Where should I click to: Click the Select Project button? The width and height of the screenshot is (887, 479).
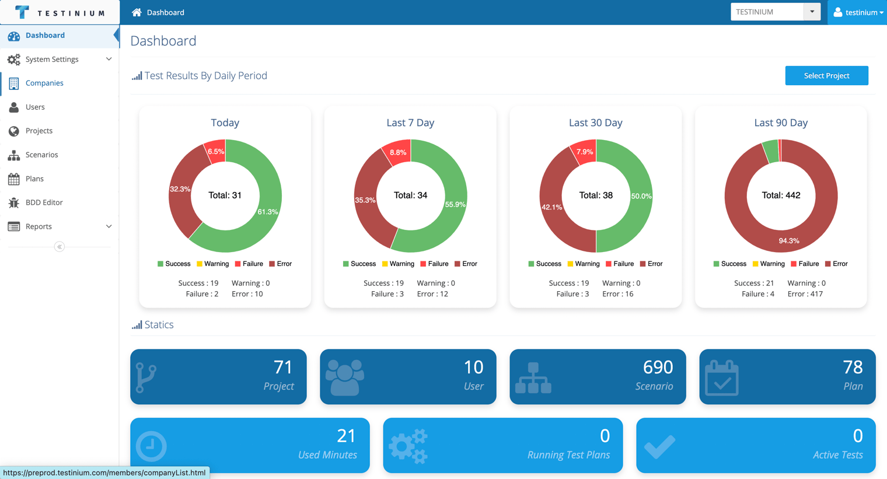tap(826, 76)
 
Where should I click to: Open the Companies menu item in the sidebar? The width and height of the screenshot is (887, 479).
tap(44, 83)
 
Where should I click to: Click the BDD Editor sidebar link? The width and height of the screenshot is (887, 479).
tap(44, 202)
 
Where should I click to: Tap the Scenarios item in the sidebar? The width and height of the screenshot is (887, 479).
tap(41, 155)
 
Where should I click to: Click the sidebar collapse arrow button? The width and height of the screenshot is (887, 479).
tap(60, 247)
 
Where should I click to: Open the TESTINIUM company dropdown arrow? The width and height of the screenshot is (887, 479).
tap(812, 12)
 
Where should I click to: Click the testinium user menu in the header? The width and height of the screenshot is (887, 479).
tap(858, 12)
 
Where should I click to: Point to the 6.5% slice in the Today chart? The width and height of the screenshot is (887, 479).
tap(215, 151)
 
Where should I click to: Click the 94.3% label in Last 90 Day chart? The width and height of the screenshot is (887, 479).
tap(789, 241)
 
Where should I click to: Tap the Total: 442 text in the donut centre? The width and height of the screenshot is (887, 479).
tap(781, 195)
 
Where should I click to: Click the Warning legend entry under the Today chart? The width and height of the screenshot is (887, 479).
tap(212, 264)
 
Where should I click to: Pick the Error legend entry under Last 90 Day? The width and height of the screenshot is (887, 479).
tap(836, 264)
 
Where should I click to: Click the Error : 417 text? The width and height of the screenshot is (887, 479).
tap(805, 293)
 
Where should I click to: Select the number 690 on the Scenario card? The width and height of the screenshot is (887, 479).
tap(658, 368)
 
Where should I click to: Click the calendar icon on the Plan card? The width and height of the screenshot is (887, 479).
tap(721, 377)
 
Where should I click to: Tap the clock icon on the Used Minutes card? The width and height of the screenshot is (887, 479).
tap(151, 446)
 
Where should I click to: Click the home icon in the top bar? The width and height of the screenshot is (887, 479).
tap(137, 12)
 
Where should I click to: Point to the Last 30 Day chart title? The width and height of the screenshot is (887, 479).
tap(596, 123)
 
